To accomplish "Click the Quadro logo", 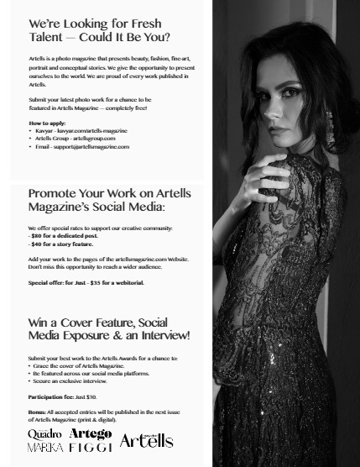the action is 44,433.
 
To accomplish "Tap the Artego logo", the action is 90,433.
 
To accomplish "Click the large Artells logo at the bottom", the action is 146,440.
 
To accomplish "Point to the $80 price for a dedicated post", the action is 38,236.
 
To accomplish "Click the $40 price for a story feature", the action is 38,244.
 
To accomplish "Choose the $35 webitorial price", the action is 99,283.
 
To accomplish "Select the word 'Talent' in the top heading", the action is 45,38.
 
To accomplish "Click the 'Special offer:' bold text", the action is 50,283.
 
